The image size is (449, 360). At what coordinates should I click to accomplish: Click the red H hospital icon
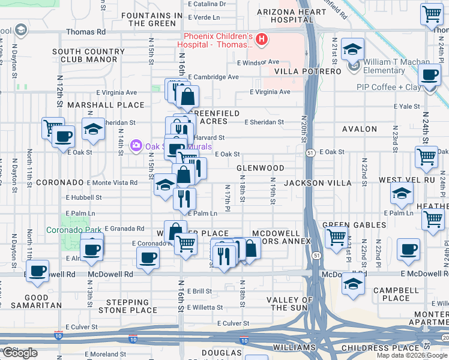261,40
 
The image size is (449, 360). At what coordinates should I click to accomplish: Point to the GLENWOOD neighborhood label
260,169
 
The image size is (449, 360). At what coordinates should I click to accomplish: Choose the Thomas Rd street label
85,31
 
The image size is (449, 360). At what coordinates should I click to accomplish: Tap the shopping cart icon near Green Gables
336,236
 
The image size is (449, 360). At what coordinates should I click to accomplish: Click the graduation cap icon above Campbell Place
353,283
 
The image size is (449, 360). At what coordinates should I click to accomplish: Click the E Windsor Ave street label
258,62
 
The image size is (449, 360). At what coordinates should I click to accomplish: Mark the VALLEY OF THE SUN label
290,304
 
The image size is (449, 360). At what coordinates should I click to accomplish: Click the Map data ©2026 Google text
412,355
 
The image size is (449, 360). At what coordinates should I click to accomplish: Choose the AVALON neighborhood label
360,129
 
